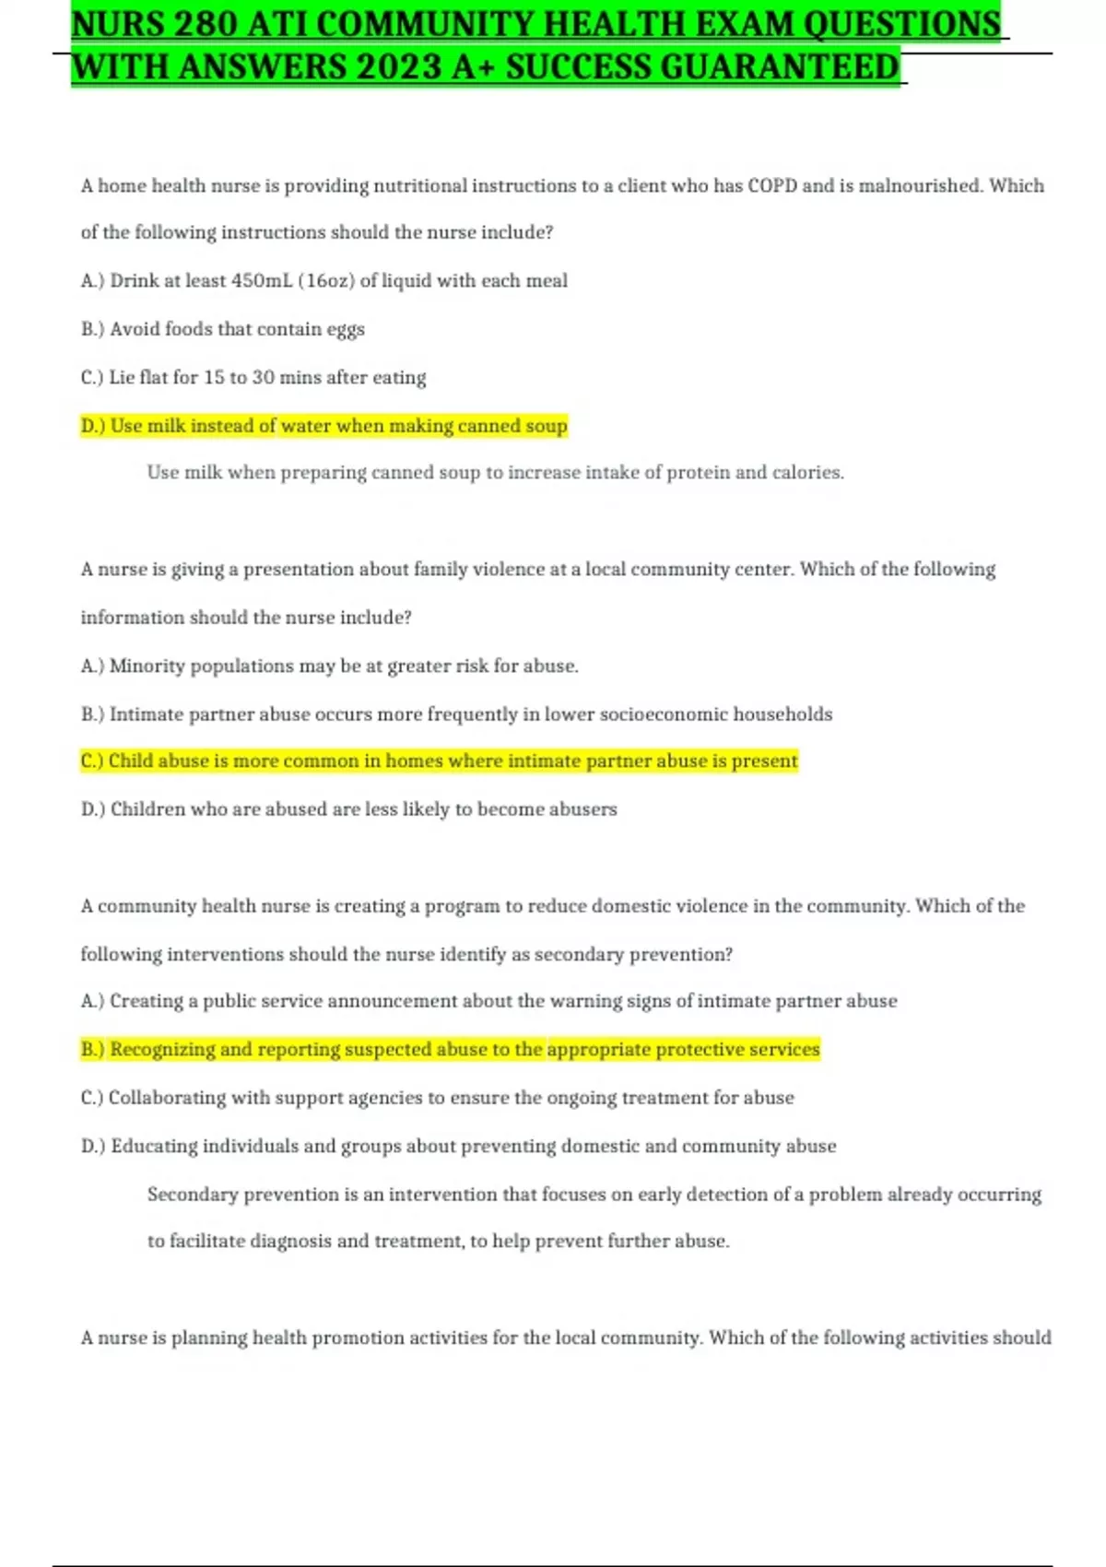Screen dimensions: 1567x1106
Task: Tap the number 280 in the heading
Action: (205, 24)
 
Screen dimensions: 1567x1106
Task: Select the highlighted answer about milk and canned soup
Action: (324, 426)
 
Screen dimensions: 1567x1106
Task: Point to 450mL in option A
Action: (261, 281)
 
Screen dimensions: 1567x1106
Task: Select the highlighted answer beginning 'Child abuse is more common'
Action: (439, 761)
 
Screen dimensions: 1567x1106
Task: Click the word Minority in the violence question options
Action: (147, 666)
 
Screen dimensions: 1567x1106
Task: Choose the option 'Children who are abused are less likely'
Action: (348, 809)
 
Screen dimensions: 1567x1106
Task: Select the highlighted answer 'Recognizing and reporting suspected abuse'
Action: (450, 1049)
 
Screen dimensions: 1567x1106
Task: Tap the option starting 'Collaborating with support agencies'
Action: (437, 1098)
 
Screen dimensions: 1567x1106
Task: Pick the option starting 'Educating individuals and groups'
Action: (458, 1147)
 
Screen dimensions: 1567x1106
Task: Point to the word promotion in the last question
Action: (357, 1337)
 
